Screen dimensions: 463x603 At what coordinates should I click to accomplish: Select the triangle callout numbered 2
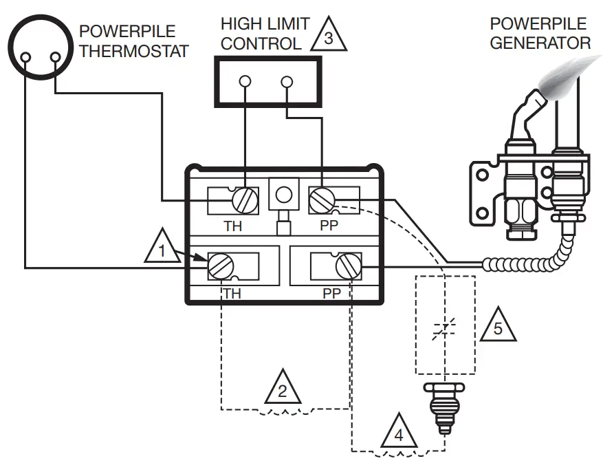[x=283, y=389]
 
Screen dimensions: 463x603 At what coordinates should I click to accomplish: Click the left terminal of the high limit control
[x=245, y=82]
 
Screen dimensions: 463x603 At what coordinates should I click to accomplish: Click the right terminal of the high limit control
[x=287, y=82]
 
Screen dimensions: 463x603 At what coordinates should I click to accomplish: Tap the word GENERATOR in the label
[x=540, y=43]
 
